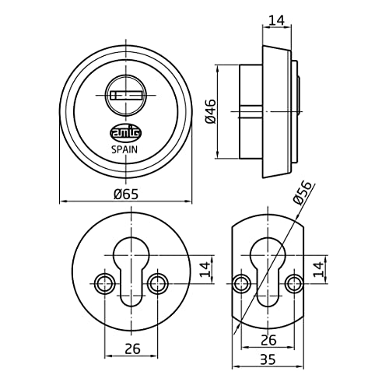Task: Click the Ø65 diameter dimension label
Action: click(125, 194)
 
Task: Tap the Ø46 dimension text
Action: click(210, 111)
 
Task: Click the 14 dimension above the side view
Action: click(275, 16)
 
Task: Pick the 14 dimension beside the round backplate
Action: click(205, 270)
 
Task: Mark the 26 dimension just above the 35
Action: click(268, 339)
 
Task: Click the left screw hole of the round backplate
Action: click(101, 281)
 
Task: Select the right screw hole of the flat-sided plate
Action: click(294, 281)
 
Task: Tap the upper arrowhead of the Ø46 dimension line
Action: click(220, 68)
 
